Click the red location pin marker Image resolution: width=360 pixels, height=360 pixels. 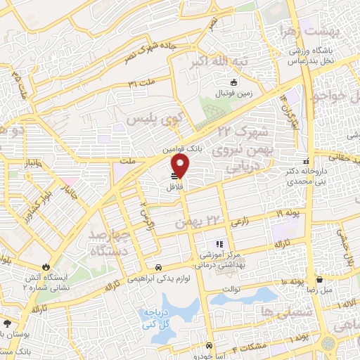pyautogui.click(x=181, y=166)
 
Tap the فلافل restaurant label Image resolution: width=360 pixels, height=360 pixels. pyautogui.click(x=174, y=188)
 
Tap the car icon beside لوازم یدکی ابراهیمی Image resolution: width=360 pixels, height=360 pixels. pyautogui.click(x=159, y=267)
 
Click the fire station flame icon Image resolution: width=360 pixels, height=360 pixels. pyautogui.click(x=46, y=266)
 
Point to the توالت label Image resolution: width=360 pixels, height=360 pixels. pyautogui.click(x=232, y=288)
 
